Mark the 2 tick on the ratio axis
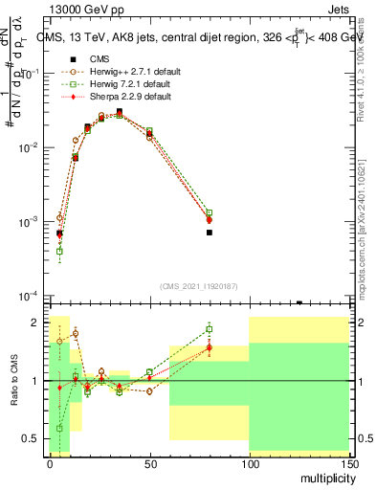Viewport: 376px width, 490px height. [38, 322]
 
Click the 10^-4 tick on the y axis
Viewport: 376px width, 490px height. [31, 296]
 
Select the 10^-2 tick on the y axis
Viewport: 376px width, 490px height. [31, 147]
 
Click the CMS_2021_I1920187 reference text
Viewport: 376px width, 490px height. [199, 285]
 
